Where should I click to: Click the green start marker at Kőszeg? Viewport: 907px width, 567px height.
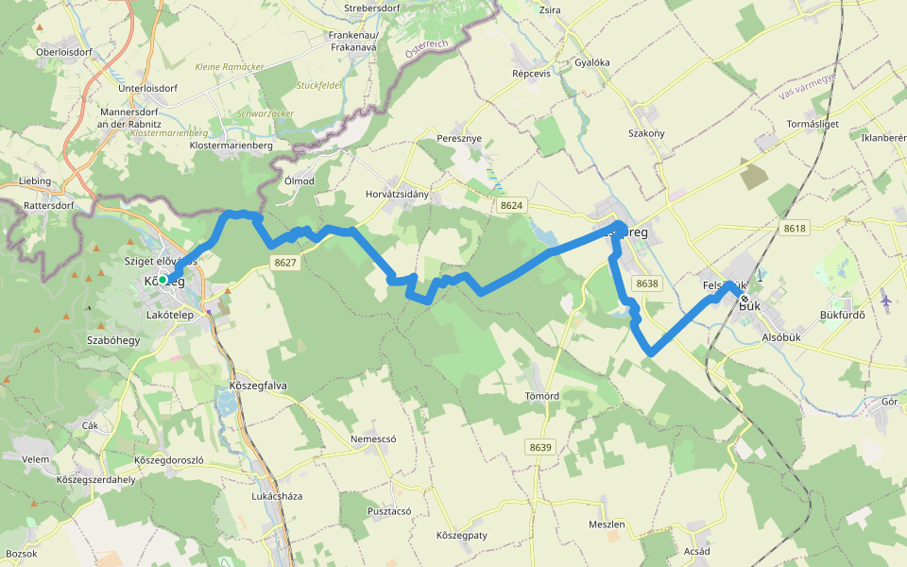click(163, 280)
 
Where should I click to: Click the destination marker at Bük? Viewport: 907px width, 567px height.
click(744, 300)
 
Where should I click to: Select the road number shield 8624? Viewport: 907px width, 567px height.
click(512, 205)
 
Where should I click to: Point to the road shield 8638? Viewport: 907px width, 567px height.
click(647, 283)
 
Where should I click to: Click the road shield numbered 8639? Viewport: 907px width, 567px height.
click(539, 447)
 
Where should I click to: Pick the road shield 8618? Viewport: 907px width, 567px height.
click(795, 229)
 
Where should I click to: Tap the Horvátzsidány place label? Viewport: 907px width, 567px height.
click(397, 195)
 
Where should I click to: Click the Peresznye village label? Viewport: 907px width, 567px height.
click(459, 138)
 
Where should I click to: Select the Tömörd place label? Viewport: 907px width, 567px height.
click(541, 395)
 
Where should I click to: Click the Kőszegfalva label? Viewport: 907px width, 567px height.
click(258, 386)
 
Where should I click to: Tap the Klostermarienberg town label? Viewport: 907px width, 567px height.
click(231, 146)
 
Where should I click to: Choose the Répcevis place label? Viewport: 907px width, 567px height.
click(531, 73)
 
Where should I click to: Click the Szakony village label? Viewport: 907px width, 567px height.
click(647, 133)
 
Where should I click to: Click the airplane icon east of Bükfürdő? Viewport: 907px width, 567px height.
click(885, 301)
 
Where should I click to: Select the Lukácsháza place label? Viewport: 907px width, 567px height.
click(277, 495)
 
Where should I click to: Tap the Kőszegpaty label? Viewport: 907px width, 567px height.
click(461, 536)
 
